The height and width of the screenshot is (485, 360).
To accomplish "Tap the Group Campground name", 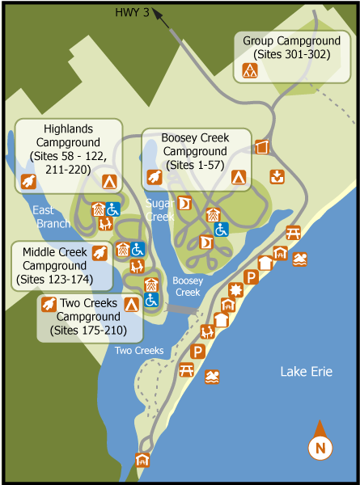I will [x=290, y=40].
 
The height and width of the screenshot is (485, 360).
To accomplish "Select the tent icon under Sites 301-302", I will [x=250, y=70].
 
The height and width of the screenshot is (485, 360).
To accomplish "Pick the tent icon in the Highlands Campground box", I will [x=108, y=180].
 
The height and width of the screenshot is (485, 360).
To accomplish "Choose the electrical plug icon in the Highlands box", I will [x=30, y=180].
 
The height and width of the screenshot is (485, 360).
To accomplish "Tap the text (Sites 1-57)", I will [x=195, y=164].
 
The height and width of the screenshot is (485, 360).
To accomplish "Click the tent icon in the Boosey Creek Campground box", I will [x=238, y=176].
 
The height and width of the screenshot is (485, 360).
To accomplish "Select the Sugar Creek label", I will [x=160, y=210].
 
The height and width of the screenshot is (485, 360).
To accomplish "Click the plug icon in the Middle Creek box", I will [x=99, y=253].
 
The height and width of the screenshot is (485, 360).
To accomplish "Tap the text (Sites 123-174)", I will [x=53, y=280].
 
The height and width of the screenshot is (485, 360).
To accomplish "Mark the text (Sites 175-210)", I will [x=88, y=330].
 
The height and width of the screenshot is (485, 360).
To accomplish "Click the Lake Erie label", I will [x=306, y=372].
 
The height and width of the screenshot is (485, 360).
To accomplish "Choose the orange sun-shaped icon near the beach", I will [x=236, y=290].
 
